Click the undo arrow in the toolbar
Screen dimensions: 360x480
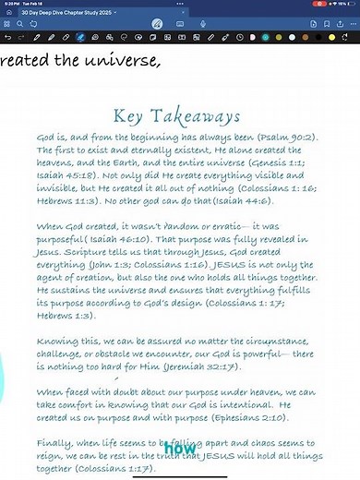[7, 38]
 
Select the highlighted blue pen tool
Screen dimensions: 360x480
[81, 38]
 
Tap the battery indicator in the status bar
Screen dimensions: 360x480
[347, 4]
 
